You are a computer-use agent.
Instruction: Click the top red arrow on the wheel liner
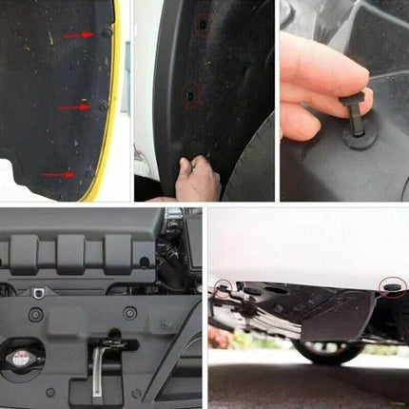click(77, 35)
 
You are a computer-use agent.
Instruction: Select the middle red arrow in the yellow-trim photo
click(72, 107)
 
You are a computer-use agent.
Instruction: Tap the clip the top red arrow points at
click(107, 31)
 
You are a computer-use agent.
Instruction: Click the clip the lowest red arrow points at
click(89, 172)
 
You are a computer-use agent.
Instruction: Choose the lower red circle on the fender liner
click(190, 94)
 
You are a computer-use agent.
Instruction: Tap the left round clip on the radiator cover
click(35, 314)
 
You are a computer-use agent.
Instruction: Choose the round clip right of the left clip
click(129, 312)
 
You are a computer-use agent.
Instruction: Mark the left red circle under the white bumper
click(224, 286)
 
